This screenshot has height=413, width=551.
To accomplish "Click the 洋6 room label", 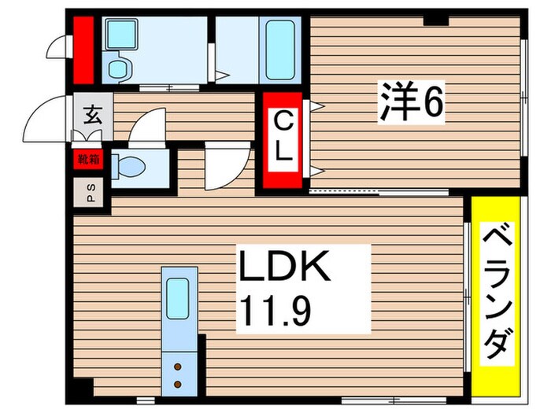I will click(412, 104).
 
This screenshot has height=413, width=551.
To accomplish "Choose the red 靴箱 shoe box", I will click(87, 160).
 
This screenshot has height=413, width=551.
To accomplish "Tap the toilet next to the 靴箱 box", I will click(129, 167).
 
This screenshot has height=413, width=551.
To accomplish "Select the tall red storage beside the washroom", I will click(84, 49).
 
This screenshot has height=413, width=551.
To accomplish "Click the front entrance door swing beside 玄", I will click(46, 120).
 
